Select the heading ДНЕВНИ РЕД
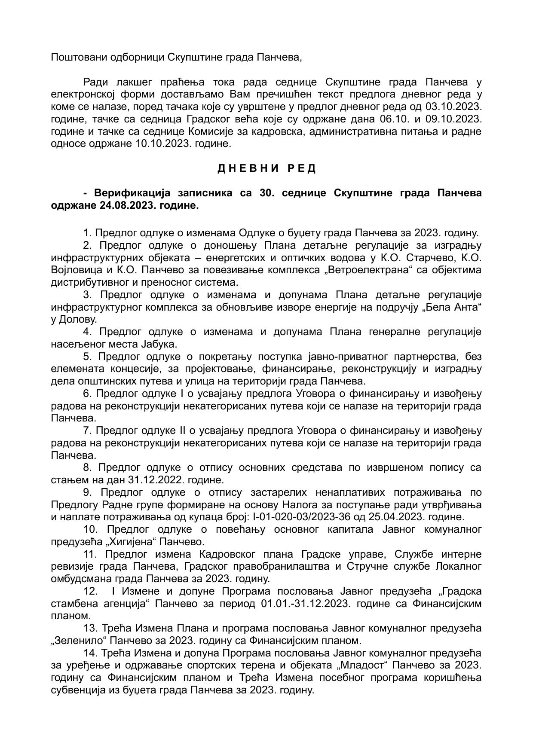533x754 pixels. (266, 168)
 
